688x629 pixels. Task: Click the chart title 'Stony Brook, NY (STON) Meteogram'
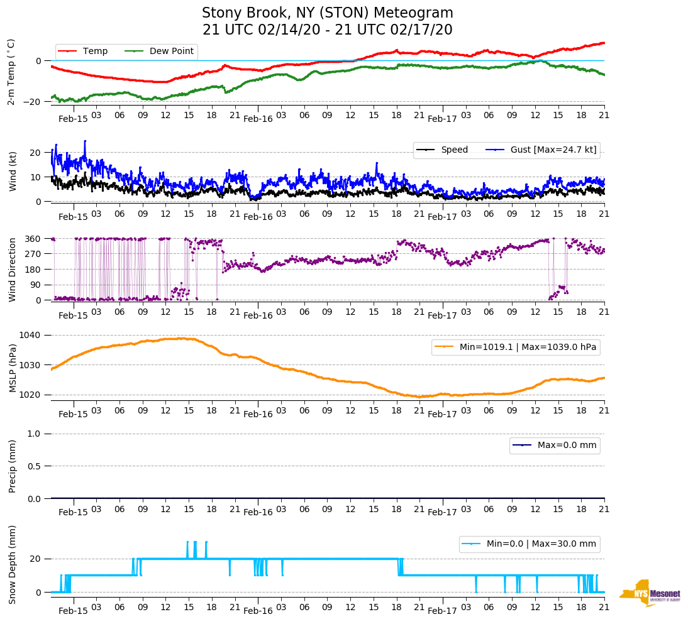pos(327,13)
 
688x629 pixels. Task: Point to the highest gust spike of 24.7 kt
pos(85,141)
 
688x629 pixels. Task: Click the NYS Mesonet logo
pos(650,593)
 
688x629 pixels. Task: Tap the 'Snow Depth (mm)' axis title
pos(13,564)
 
